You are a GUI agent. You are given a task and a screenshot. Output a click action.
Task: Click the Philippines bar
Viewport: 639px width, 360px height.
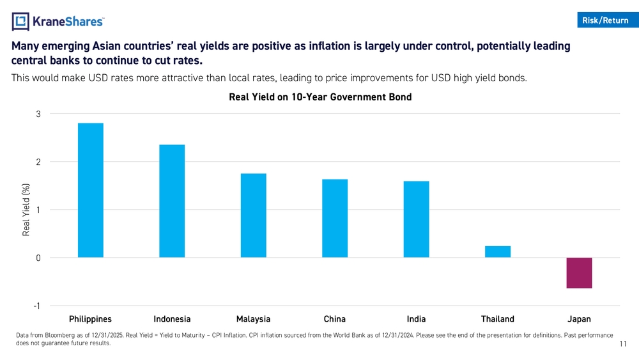click(x=90, y=190)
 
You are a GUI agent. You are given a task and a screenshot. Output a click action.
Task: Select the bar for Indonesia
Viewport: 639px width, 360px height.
click(x=172, y=201)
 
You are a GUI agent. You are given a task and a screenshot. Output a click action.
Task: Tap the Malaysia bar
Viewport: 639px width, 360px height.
click(x=253, y=215)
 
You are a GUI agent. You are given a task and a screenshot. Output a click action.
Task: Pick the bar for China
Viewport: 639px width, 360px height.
click(x=335, y=218)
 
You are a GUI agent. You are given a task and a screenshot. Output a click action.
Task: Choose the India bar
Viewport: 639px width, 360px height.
click(x=416, y=219)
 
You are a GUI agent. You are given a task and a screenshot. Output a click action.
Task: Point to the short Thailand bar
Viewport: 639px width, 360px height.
click(x=498, y=252)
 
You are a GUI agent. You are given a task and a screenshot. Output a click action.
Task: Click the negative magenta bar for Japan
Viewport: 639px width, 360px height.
click(x=579, y=273)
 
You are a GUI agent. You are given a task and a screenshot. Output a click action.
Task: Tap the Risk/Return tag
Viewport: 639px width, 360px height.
click(x=605, y=20)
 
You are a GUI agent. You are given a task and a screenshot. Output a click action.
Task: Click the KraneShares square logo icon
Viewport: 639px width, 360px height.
click(x=21, y=22)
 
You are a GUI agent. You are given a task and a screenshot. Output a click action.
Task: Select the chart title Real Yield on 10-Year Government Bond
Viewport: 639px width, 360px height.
click(x=319, y=97)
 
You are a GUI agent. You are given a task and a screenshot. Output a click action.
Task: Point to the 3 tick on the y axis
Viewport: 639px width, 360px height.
click(x=38, y=114)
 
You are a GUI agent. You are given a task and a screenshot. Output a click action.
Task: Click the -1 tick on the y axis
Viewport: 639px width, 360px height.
click(x=37, y=306)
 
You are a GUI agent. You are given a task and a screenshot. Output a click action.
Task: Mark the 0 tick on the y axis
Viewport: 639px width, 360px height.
click(x=38, y=258)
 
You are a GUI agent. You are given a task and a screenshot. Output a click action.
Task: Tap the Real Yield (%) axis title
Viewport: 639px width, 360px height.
click(x=26, y=210)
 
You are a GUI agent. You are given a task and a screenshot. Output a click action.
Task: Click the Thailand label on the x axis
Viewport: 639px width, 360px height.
click(x=497, y=319)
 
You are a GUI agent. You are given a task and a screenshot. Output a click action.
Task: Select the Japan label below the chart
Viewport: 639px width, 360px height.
click(x=579, y=319)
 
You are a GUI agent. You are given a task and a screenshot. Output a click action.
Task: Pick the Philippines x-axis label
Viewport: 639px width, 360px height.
click(x=90, y=319)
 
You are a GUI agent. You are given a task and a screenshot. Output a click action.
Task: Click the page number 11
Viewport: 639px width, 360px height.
click(x=624, y=345)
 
